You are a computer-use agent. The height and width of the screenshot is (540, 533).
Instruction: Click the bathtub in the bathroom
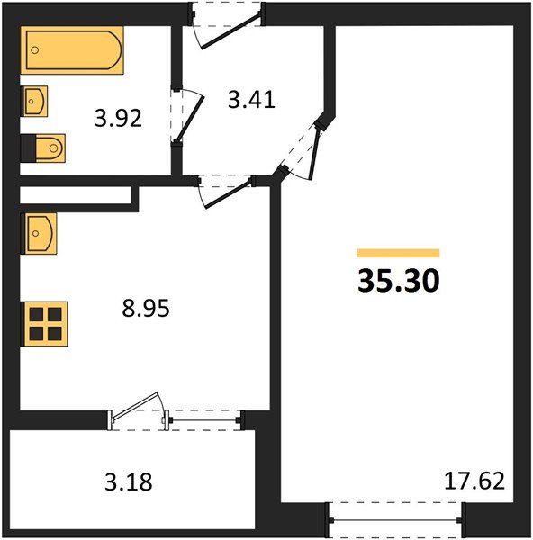click(71, 52)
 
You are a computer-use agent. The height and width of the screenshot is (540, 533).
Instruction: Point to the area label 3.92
click(119, 119)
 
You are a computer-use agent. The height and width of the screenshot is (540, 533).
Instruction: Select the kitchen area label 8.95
click(146, 309)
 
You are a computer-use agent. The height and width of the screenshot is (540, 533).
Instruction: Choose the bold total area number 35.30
click(399, 283)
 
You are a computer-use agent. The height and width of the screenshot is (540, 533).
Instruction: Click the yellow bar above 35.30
click(398, 254)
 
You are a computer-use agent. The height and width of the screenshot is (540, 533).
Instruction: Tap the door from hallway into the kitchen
click(225, 190)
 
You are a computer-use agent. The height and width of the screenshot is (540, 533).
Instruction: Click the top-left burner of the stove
click(35, 314)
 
